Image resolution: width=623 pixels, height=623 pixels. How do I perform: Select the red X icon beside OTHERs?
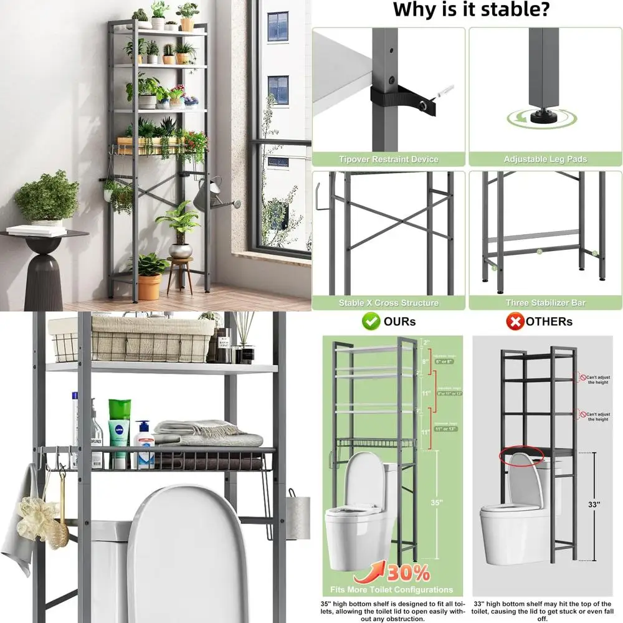click(x=515, y=321)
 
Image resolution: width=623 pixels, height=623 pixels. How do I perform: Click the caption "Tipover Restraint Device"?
click(x=389, y=159)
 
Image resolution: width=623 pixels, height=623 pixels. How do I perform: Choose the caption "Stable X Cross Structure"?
click(x=389, y=303)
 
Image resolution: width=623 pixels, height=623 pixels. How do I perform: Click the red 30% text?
click(x=408, y=572)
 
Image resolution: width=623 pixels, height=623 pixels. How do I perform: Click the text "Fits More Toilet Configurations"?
click(x=392, y=589)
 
